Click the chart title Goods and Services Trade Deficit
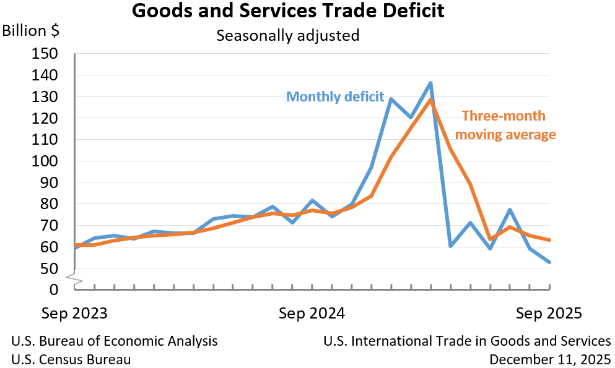[x=288, y=11]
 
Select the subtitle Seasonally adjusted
[x=288, y=35]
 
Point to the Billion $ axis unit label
[x=32, y=31]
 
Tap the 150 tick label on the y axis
[x=44, y=54]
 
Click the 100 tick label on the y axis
[x=44, y=161]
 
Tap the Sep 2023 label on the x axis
[x=74, y=313]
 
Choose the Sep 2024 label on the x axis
[x=312, y=313]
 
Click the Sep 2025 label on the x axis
[x=549, y=313]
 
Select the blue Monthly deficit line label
[x=335, y=97]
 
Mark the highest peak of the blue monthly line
[x=430, y=83]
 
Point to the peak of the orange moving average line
[x=430, y=100]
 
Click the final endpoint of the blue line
[x=549, y=262]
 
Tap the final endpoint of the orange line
[x=549, y=240]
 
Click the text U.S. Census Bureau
[x=71, y=359]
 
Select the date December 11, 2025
[x=550, y=359]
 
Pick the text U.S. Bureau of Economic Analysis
[x=115, y=341]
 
